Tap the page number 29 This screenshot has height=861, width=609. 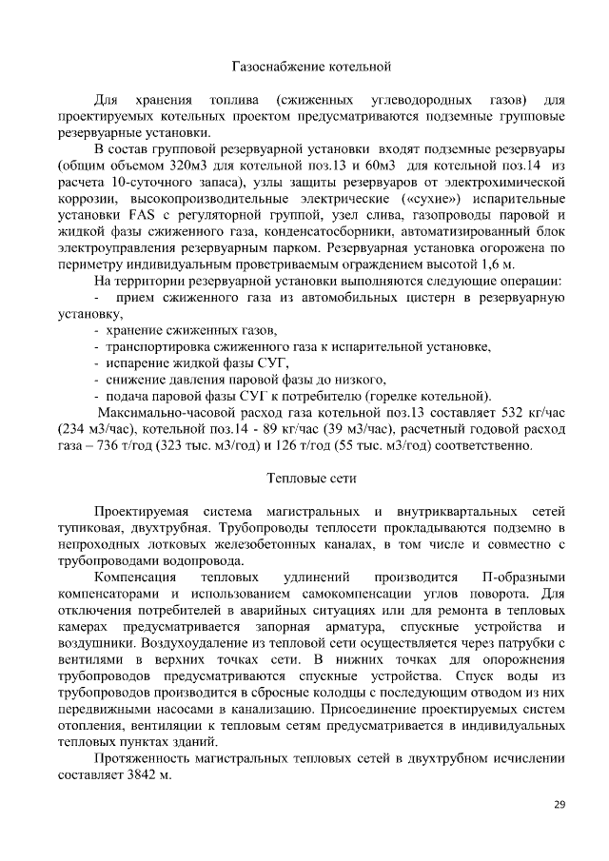click(x=560, y=806)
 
